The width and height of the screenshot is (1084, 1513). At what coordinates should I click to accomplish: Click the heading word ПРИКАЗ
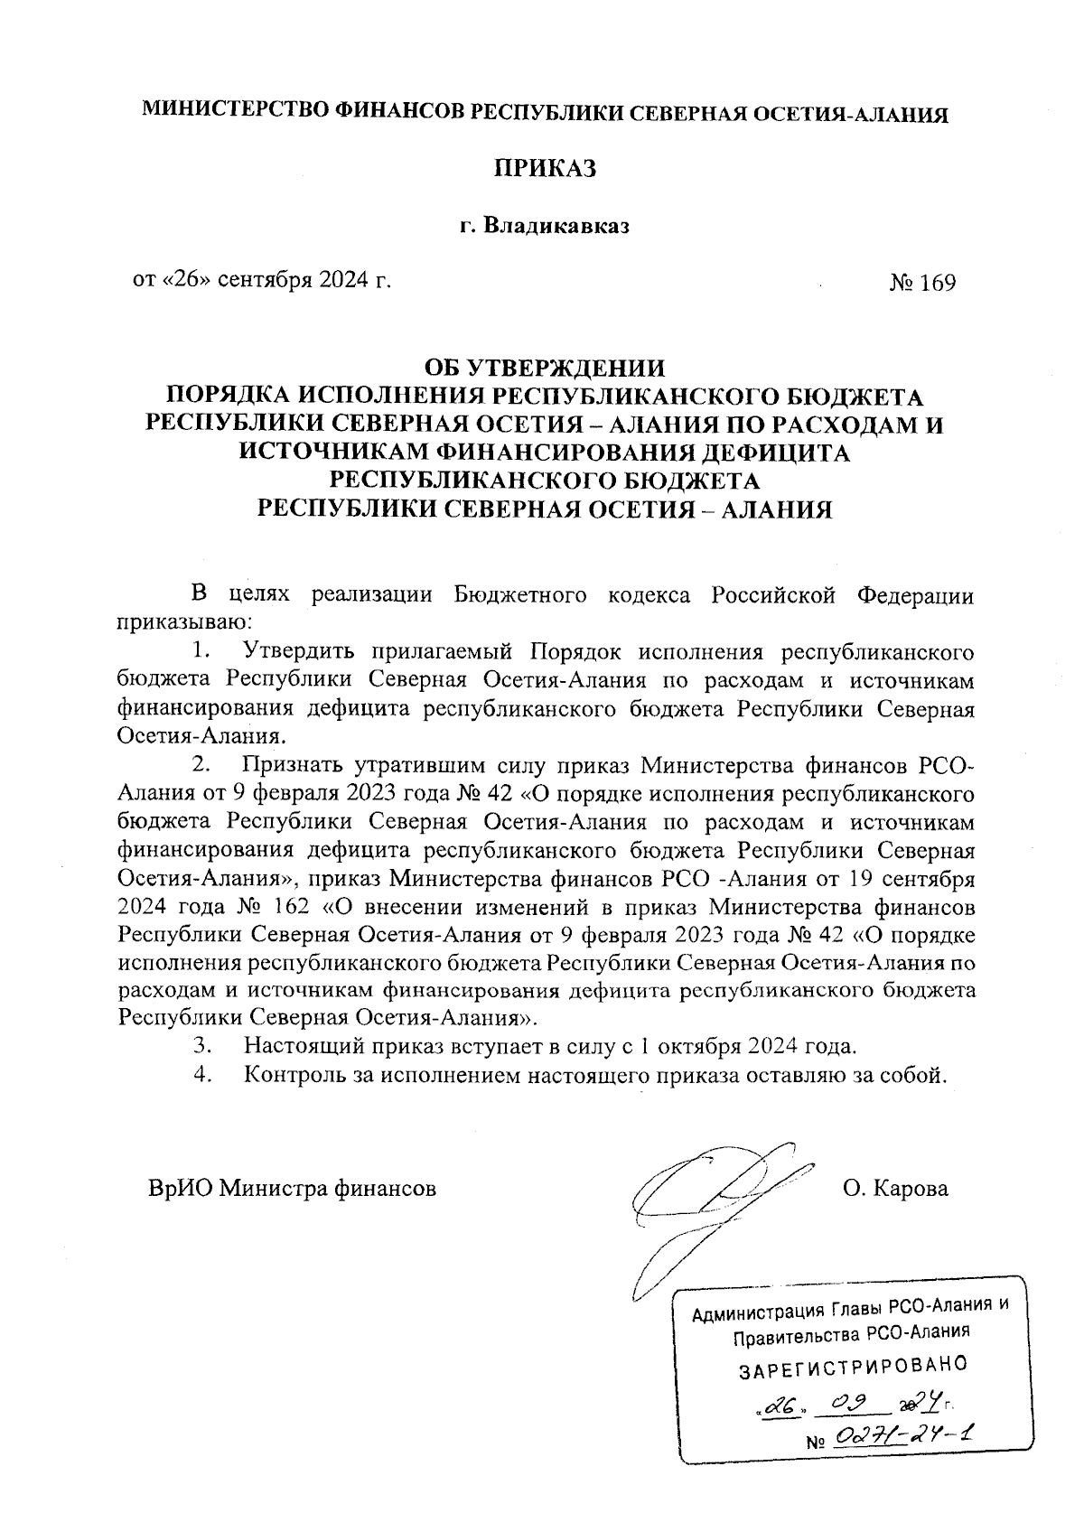pyautogui.click(x=545, y=168)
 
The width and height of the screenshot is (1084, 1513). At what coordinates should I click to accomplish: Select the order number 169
pyautogui.click(x=937, y=283)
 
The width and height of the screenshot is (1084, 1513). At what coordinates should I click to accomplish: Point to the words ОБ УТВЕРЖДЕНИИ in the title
pyautogui.click(x=545, y=368)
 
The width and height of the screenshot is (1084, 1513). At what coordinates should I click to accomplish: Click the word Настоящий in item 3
pyautogui.click(x=300, y=1046)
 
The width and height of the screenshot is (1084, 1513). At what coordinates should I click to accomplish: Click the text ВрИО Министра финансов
pyautogui.click(x=293, y=1188)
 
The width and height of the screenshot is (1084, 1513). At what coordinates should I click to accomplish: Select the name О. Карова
pyautogui.click(x=895, y=1188)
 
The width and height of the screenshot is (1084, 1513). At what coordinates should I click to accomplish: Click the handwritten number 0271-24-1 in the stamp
pyautogui.click(x=910, y=1436)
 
